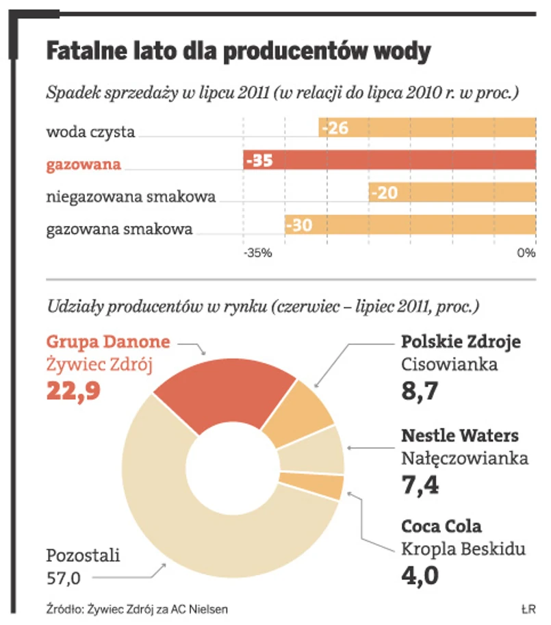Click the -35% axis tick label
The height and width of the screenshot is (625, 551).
(257, 253)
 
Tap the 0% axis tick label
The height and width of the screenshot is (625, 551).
(526, 253)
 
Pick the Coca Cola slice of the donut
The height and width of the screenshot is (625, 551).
(329, 487)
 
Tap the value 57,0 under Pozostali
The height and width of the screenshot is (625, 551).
(64, 578)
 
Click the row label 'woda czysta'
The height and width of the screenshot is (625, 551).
(90, 132)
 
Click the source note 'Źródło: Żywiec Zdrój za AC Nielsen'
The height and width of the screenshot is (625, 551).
(138, 608)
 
